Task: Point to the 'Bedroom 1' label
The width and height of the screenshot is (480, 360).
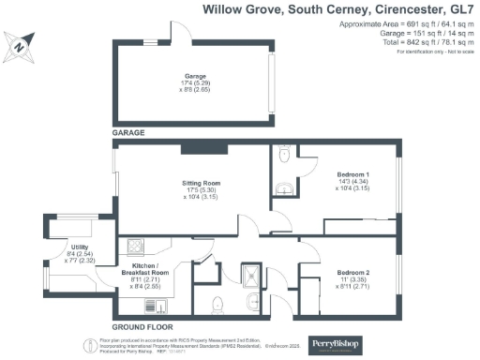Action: tap(353, 175)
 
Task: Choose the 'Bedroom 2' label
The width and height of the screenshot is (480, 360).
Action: tap(353, 273)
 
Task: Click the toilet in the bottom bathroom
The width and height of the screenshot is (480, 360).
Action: tap(217, 302)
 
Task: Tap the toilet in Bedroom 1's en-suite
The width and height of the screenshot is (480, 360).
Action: tap(286, 153)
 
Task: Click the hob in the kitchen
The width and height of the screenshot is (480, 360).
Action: tap(134, 247)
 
